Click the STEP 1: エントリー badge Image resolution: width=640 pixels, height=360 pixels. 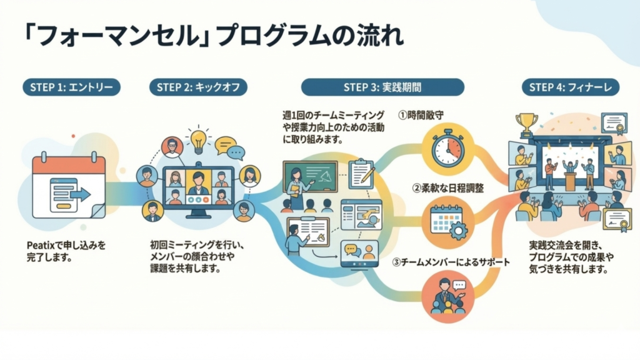[x=71, y=87]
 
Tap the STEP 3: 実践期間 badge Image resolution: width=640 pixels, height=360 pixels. [x=382, y=87]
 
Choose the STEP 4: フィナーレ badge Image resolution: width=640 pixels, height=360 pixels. [x=570, y=87]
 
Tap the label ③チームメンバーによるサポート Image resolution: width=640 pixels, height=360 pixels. [x=451, y=262]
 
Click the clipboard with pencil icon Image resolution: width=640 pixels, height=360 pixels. [x=361, y=173]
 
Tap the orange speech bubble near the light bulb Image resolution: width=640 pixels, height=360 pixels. [x=224, y=144]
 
